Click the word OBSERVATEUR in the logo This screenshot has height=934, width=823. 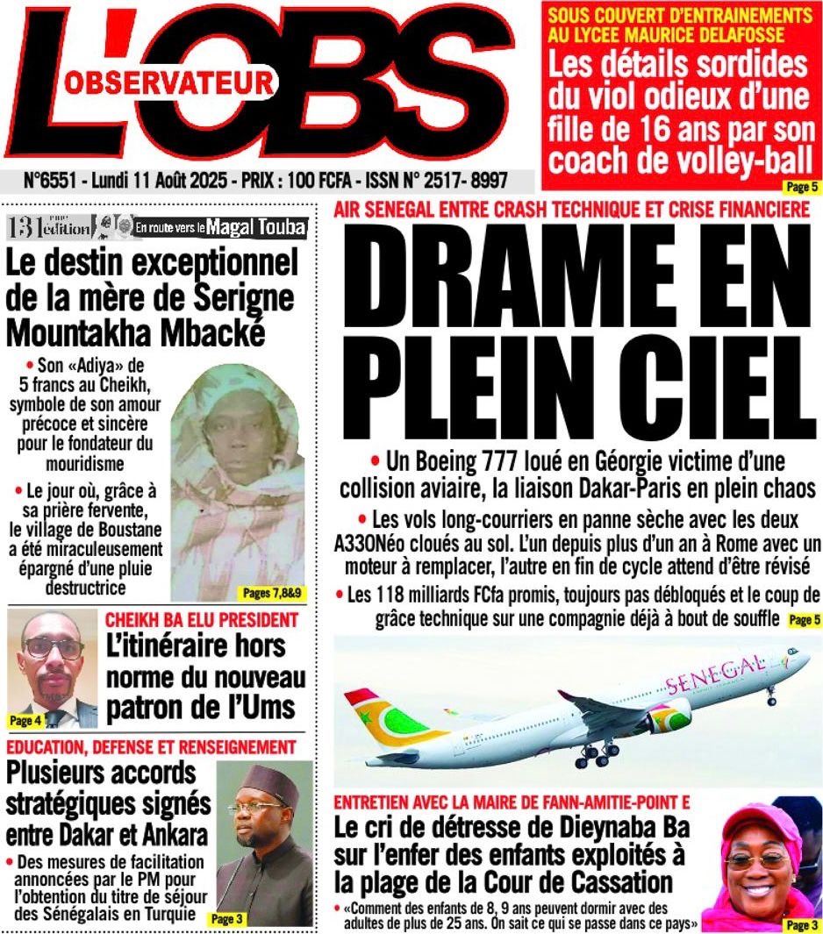coord(168,84)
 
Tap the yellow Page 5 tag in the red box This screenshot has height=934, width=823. coord(801,186)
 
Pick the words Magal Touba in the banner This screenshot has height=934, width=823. coord(256,227)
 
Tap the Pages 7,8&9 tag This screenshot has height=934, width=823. coord(270,594)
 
